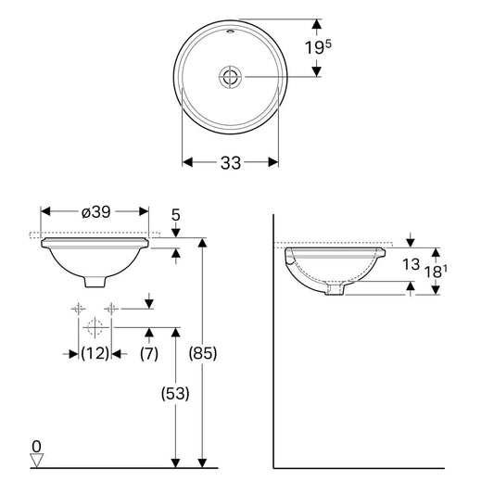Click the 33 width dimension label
click(x=231, y=163)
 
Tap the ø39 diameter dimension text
click(x=96, y=211)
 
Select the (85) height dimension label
click(x=203, y=353)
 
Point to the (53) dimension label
click(x=175, y=393)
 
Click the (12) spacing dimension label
click(x=95, y=353)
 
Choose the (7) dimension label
click(x=149, y=353)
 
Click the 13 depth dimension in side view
click(x=411, y=264)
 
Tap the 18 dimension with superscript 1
click(x=436, y=272)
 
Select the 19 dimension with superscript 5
click(x=318, y=47)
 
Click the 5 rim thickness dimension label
click(x=176, y=215)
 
